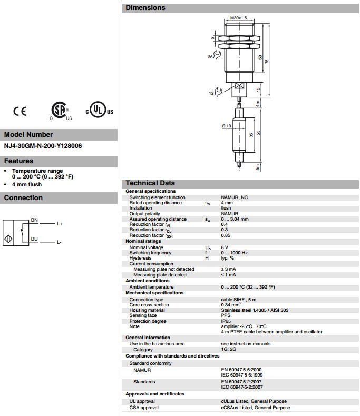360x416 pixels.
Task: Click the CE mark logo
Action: tap(20, 111)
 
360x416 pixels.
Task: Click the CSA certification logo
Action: tap(57, 111)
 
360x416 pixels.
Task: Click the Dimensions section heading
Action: tap(145, 8)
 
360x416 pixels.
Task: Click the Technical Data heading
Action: tap(150, 183)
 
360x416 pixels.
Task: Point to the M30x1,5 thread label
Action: tap(239, 18)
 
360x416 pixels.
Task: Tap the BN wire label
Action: tap(34, 219)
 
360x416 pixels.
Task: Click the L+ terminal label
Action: tap(60, 224)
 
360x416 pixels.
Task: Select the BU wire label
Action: tap(34, 239)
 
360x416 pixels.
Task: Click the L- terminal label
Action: tap(59, 242)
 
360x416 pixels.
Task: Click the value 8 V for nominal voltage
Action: tap(225, 247)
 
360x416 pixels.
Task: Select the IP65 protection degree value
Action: tap(226, 321)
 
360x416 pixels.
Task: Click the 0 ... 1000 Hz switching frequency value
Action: tap(235, 253)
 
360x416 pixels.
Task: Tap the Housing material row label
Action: tap(148, 310)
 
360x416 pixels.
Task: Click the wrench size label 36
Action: tap(211, 57)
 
